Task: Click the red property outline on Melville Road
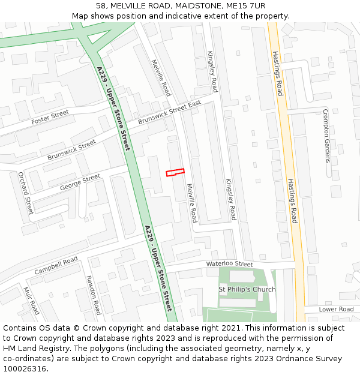pos(175,172)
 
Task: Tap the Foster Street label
pos(50,118)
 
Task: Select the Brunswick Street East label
pos(169,112)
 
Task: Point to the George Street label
pos(80,182)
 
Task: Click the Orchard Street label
pos(25,193)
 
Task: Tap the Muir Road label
pos(31,300)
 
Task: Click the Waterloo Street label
pos(230,264)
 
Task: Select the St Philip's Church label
pos(247,289)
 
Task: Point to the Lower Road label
pos(336,309)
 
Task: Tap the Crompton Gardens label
pos(326,136)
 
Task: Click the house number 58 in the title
pos(100,5)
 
